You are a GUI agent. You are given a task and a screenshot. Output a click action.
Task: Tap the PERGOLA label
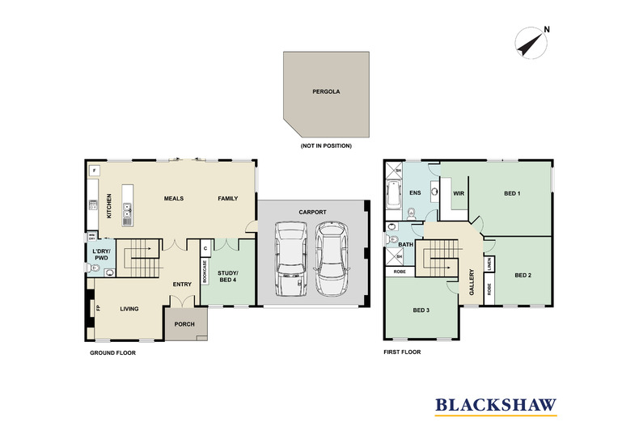pyautogui.click(x=326, y=92)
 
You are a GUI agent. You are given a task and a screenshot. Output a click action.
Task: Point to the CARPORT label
pyautogui.click(x=311, y=211)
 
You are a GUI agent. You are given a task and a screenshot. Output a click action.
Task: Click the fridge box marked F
pyautogui.click(x=95, y=171)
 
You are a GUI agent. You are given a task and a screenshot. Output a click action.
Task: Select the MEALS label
pyautogui.click(x=174, y=197)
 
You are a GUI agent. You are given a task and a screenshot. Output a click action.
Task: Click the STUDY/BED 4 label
pyautogui.click(x=228, y=274)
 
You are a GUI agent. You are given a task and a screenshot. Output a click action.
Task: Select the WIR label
pyautogui.click(x=458, y=193)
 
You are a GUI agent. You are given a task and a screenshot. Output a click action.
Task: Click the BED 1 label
pyautogui.click(x=512, y=193)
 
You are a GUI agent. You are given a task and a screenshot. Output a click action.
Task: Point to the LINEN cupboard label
pyautogui.click(x=489, y=264)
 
